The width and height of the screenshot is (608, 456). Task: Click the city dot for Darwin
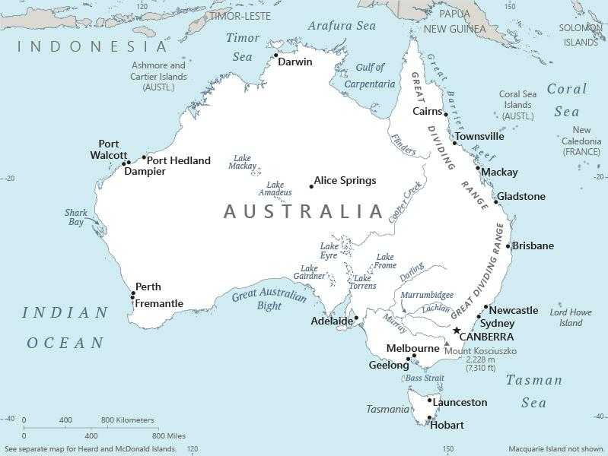[x=275, y=55]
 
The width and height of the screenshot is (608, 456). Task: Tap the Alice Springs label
[x=345, y=181]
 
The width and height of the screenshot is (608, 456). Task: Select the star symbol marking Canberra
[x=457, y=331]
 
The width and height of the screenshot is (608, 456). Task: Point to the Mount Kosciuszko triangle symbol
[x=447, y=344]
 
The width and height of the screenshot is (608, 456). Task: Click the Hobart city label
[x=447, y=425]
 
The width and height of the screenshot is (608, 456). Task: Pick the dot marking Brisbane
[x=508, y=245]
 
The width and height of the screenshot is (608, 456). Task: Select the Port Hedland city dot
[x=144, y=157]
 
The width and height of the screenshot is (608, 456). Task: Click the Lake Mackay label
[x=244, y=162]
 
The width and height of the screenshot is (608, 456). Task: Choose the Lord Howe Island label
[x=571, y=318]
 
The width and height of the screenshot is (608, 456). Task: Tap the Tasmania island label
[x=387, y=409]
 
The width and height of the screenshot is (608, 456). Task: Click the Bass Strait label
[x=424, y=378]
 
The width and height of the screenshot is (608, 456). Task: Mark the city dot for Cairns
[x=446, y=114]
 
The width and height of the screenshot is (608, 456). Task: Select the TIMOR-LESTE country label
[x=240, y=16]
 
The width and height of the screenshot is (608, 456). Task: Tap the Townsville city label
[x=479, y=137]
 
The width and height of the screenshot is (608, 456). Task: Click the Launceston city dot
[x=429, y=401]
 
